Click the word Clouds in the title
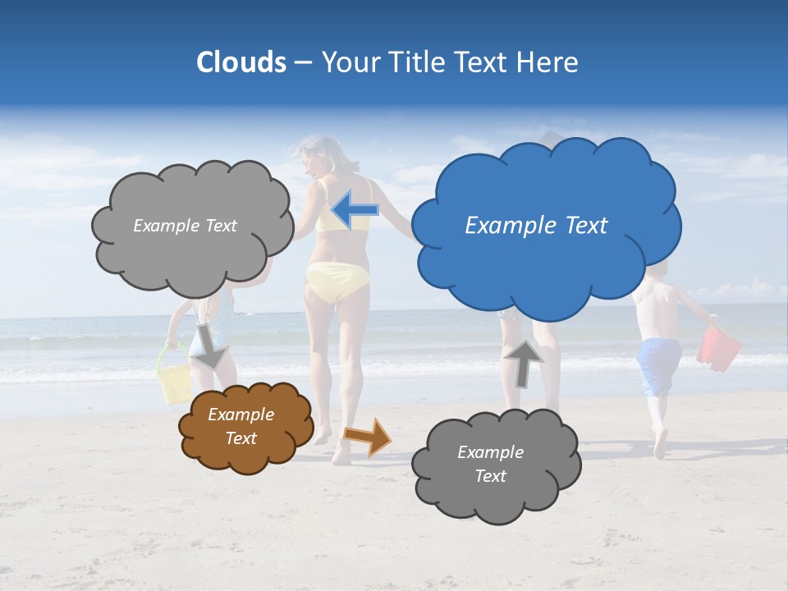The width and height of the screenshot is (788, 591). [x=241, y=62]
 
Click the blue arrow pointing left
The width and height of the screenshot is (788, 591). [x=355, y=210]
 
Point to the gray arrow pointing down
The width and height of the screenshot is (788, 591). [x=210, y=346]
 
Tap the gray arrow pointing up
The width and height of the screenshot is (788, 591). [x=523, y=362]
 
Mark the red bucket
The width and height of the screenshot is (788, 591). [x=719, y=348]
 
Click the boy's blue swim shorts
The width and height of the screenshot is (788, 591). [x=659, y=365]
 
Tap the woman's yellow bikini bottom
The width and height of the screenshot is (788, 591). [x=337, y=280]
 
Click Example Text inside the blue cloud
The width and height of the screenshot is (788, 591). [x=536, y=226]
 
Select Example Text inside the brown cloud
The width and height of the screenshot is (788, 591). [x=241, y=426]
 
